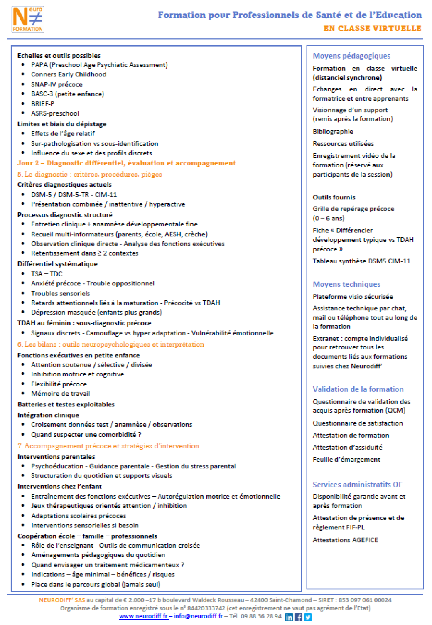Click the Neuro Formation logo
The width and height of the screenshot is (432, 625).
[x=28, y=20]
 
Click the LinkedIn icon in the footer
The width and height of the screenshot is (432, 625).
[x=289, y=617]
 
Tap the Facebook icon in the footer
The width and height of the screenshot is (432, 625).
[x=298, y=617]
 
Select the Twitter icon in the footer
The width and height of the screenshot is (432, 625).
[x=308, y=617]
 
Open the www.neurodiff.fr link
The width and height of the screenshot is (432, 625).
[x=143, y=616]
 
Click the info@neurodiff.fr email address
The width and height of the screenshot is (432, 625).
[x=198, y=616]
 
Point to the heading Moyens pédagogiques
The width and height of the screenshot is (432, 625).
[x=351, y=56]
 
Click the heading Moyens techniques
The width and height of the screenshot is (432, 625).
[x=346, y=284]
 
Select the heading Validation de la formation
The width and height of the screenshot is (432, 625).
[x=358, y=389]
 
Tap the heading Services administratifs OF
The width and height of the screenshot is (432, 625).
[x=357, y=485]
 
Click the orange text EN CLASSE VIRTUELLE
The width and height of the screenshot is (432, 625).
[x=372, y=28]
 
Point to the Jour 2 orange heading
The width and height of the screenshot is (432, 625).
[x=126, y=163]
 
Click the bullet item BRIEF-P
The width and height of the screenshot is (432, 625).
[x=42, y=104]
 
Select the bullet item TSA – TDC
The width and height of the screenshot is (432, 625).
[x=47, y=274]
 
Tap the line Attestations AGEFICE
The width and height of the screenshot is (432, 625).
[x=345, y=540]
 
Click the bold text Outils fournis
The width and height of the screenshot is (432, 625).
[x=334, y=197]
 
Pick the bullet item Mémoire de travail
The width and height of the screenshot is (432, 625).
[x=60, y=394]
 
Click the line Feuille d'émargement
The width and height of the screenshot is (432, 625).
[x=346, y=459]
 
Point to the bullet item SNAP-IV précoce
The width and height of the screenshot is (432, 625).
[x=56, y=84]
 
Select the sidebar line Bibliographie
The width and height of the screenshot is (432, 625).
[x=333, y=131]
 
